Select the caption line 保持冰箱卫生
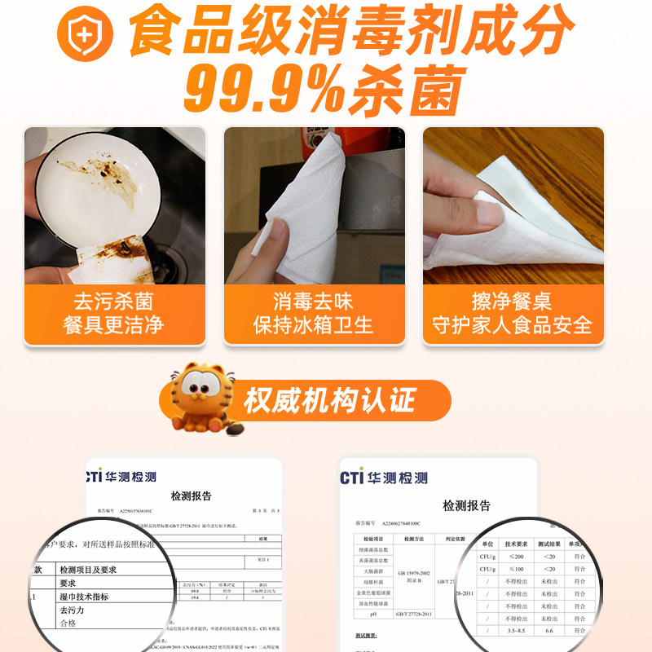313,325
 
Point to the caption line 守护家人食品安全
512,325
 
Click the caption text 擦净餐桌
512,300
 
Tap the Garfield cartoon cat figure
205,397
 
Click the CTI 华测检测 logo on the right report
384,478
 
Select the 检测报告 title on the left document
191,496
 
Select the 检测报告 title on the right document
466,506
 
